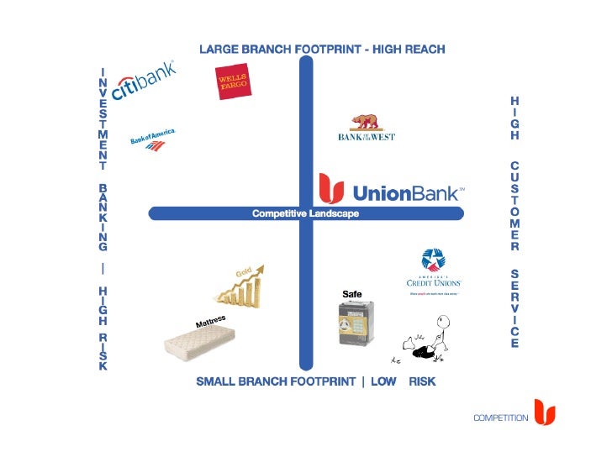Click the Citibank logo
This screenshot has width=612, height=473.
143,81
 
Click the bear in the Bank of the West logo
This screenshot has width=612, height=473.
365,122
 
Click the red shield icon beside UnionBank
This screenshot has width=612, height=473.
331,189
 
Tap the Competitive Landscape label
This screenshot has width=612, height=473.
305,214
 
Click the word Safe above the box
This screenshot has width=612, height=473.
351,293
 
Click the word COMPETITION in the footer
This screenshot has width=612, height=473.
500,418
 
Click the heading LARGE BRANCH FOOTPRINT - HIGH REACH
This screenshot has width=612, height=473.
322,50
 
